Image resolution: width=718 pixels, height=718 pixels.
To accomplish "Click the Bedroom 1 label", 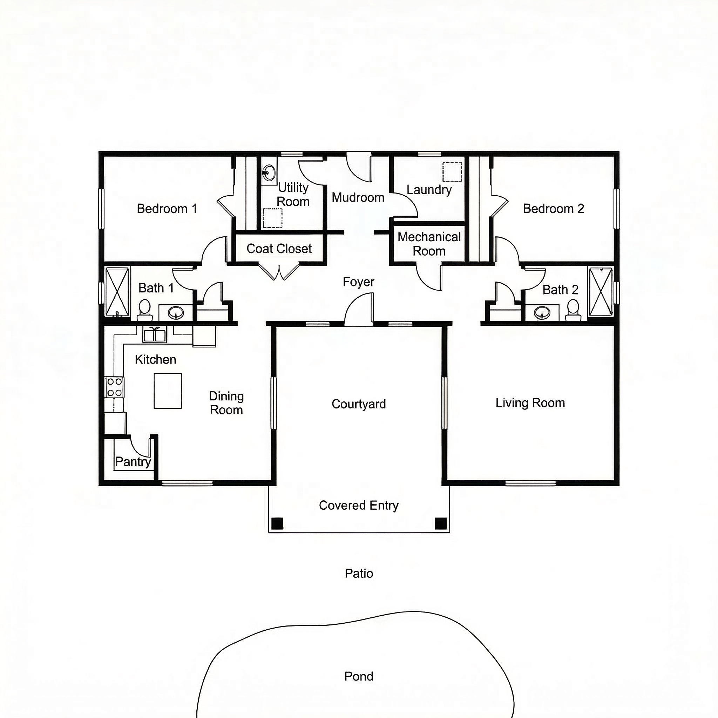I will coord(167,209).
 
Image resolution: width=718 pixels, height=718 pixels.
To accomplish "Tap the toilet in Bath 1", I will coord(144,310).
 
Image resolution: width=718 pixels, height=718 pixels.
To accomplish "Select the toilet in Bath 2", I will coord(573,310).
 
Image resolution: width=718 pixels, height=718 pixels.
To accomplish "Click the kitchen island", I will coord(168,391).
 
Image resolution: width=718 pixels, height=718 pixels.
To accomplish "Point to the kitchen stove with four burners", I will coord(114,387).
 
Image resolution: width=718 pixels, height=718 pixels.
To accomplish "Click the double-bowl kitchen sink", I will coord(155,334).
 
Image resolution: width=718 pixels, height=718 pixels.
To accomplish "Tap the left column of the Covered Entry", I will coord(277,523).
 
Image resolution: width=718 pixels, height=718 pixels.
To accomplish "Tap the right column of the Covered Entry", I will coord(440,523).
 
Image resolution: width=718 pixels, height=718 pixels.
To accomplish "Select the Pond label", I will coord(359,676).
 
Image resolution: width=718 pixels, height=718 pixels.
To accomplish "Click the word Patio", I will coord(359,573).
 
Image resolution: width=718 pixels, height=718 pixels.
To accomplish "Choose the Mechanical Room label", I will coord(429,244).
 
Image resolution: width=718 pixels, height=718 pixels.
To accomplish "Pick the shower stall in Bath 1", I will coord(117,292).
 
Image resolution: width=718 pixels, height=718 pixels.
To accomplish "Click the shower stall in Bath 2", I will coord(601,292).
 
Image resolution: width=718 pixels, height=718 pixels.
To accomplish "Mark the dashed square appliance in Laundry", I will coord(452,172).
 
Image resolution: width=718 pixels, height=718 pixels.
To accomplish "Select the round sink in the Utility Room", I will coord(269,172).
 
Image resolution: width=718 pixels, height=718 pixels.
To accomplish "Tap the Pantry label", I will coord(133,462).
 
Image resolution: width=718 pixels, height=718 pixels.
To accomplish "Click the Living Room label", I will coord(530,403).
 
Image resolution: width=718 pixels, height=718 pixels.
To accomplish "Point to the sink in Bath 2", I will coord(542,312).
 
